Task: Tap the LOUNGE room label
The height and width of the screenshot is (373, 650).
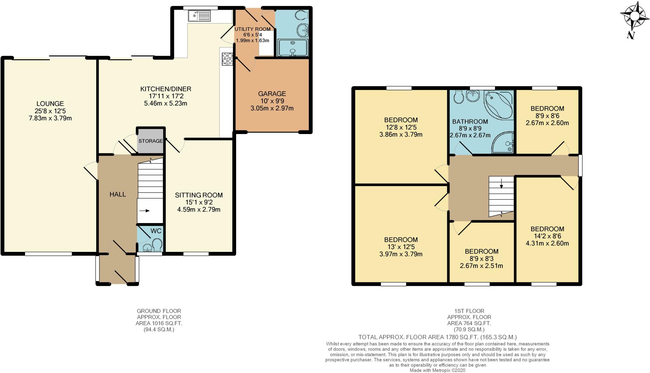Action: (50, 104)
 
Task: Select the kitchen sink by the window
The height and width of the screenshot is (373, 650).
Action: (199, 16)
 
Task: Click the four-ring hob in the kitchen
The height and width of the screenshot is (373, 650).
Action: (227, 59)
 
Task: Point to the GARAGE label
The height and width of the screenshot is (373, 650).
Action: (272, 94)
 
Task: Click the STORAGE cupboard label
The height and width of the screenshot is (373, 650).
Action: (150, 141)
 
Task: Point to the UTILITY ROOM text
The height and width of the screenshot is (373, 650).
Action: (253, 29)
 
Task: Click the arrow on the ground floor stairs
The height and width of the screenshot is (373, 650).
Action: (144, 210)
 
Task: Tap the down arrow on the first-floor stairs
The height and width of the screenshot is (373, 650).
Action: (501, 183)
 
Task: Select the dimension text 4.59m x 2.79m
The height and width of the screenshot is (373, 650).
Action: (199, 209)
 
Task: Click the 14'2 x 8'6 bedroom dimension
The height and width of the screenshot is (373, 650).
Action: (547, 236)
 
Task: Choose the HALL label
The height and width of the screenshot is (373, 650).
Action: (118, 195)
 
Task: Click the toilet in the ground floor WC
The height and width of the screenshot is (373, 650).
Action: (157, 246)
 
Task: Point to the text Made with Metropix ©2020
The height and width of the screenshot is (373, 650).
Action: (437, 370)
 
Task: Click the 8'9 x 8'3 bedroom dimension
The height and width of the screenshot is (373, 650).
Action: (481, 259)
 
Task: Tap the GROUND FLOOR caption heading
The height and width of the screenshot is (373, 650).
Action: (159, 311)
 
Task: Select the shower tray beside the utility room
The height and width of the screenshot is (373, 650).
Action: (293, 48)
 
